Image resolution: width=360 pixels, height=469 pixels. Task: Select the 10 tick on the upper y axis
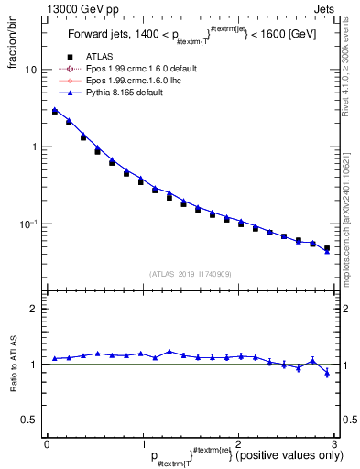point(31,70)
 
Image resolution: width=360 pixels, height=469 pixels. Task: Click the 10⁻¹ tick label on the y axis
point(28,224)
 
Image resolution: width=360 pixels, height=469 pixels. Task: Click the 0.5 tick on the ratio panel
point(28,420)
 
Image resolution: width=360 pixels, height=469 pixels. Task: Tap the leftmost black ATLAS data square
point(55,112)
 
